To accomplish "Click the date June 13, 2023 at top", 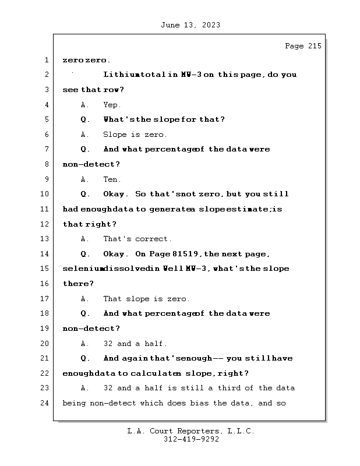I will pyautogui.click(x=190, y=25).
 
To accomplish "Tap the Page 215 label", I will pyautogui.click(x=302, y=46).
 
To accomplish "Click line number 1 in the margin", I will pyautogui.click(x=46, y=60).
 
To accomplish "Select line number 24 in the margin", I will pyautogui.click(x=44, y=403).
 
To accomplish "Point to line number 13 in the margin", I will pyautogui.click(x=44, y=239).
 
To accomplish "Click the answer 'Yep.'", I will pyautogui.click(x=112, y=105).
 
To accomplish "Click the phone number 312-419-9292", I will pyautogui.click(x=190, y=440).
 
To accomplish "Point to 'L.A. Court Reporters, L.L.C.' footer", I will pyautogui.click(x=190, y=431).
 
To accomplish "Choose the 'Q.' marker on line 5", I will pyautogui.click(x=85, y=119).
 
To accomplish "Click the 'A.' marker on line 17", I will pyautogui.click(x=85, y=299).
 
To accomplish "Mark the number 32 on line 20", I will pyautogui.click(x=108, y=344).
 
